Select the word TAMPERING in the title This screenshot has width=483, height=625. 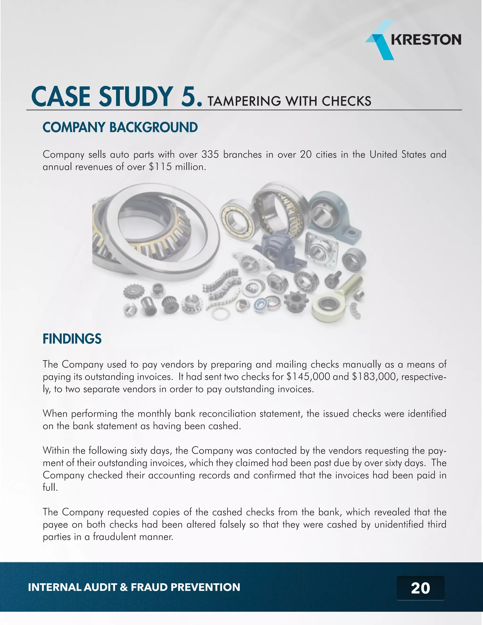pyautogui.click(x=244, y=101)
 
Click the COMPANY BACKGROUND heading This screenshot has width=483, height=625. pyautogui.click(x=120, y=127)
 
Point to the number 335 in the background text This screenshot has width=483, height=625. pyautogui.click(x=210, y=154)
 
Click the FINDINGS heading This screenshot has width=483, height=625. pyautogui.click(x=72, y=339)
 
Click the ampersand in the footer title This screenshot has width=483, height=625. pyautogui.click(x=124, y=587)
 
